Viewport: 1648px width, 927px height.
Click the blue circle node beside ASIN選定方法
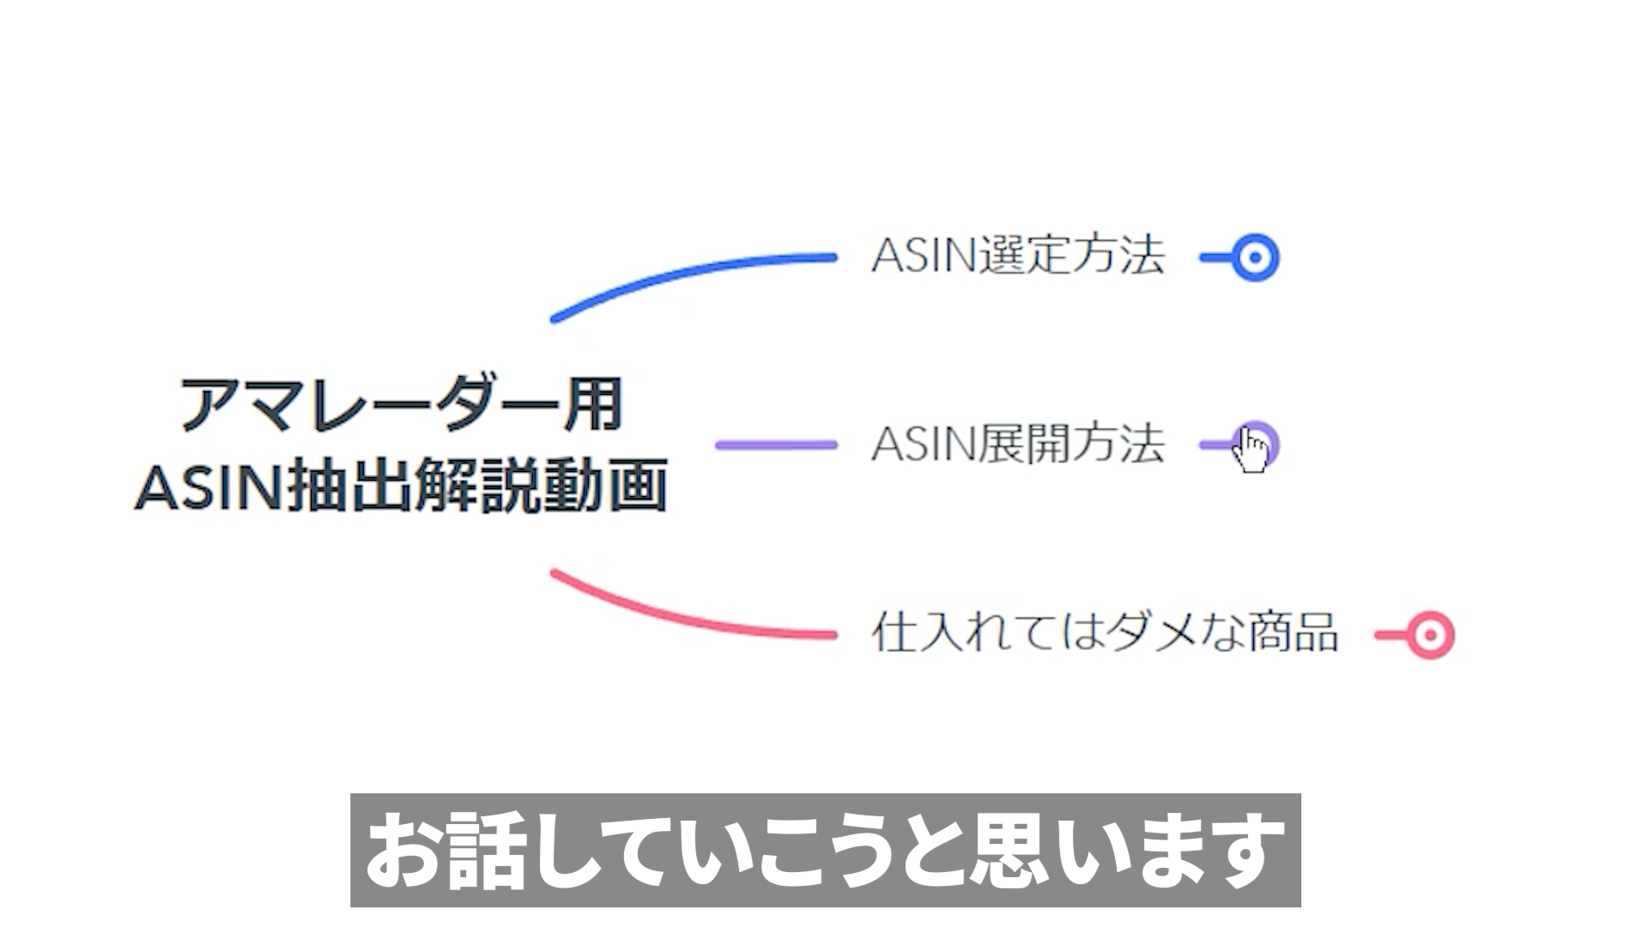click(1255, 257)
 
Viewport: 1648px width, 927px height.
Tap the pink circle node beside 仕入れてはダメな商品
click(1430, 635)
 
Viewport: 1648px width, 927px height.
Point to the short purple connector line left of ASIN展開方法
click(776, 445)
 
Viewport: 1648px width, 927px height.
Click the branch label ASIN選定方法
click(1018, 256)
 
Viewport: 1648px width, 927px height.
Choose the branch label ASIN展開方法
click(1018, 445)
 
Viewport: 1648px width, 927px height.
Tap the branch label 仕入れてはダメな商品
click(1105, 633)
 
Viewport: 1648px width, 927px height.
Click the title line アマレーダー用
click(402, 403)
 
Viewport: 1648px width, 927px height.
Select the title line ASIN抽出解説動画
click(402, 486)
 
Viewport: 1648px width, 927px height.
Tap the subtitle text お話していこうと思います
click(825, 850)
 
